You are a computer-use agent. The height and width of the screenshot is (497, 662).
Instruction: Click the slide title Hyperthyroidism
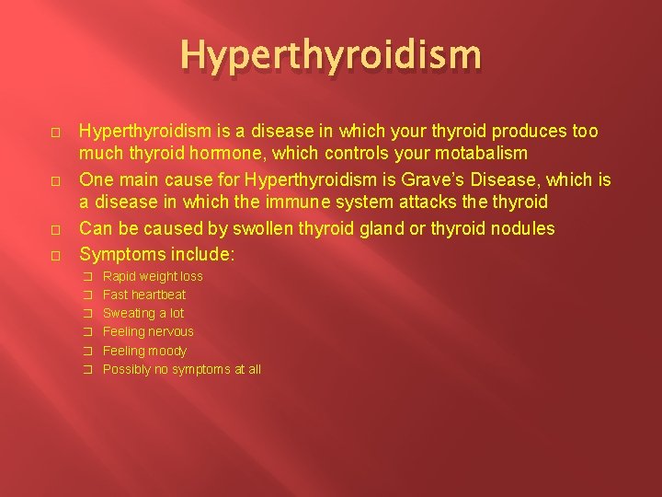(330, 55)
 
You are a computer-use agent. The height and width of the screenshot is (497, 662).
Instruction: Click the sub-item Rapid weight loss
(153, 276)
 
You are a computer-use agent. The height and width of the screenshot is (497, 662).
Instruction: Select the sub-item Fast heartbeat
(144, 295)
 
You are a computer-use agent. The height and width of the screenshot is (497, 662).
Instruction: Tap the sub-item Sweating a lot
(143, 313)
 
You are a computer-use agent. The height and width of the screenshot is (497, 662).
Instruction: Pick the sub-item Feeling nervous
(148, 331)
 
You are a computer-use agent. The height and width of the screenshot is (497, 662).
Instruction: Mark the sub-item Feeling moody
(144, 351)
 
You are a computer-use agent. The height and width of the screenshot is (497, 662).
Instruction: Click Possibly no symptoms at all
(182, 369)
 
